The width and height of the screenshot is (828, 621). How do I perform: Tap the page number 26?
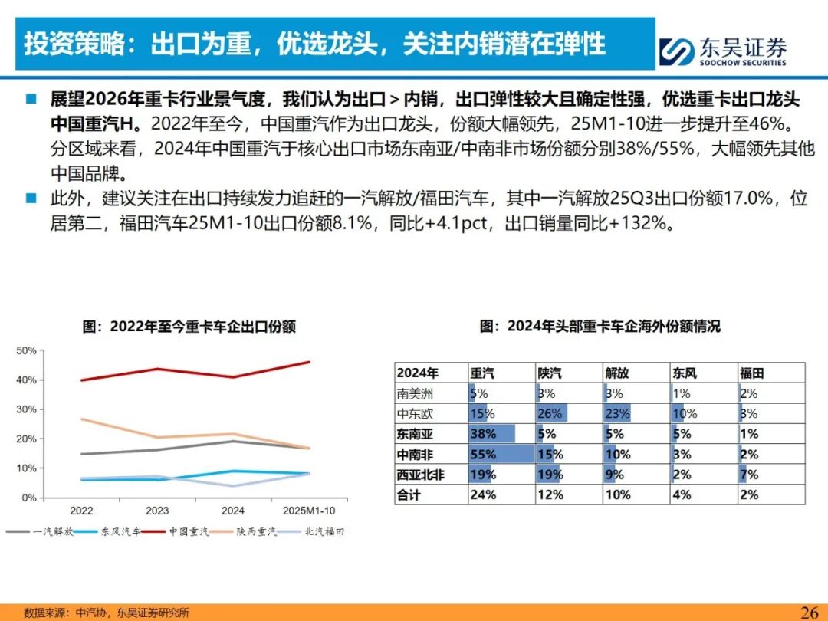click(810, 612)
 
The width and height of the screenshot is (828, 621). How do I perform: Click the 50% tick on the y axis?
click(26, 350)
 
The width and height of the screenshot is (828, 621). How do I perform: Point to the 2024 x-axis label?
click(233, 510)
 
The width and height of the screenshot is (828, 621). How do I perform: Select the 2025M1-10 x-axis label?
click(310, 510)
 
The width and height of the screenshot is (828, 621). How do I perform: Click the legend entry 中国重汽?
click(188, 531)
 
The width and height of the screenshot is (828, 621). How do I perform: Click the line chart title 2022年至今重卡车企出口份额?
click(189, 326)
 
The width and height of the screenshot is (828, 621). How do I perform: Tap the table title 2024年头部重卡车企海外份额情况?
click(600, 326)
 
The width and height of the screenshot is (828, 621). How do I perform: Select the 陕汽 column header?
click(550, 373)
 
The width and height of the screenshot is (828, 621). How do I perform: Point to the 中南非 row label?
click(415, 454)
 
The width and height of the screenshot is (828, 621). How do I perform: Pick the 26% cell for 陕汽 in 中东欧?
click(550, 414)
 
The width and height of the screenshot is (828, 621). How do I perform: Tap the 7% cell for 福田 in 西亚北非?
click(749, 475)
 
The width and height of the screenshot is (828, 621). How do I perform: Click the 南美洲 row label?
click(415, 393)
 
